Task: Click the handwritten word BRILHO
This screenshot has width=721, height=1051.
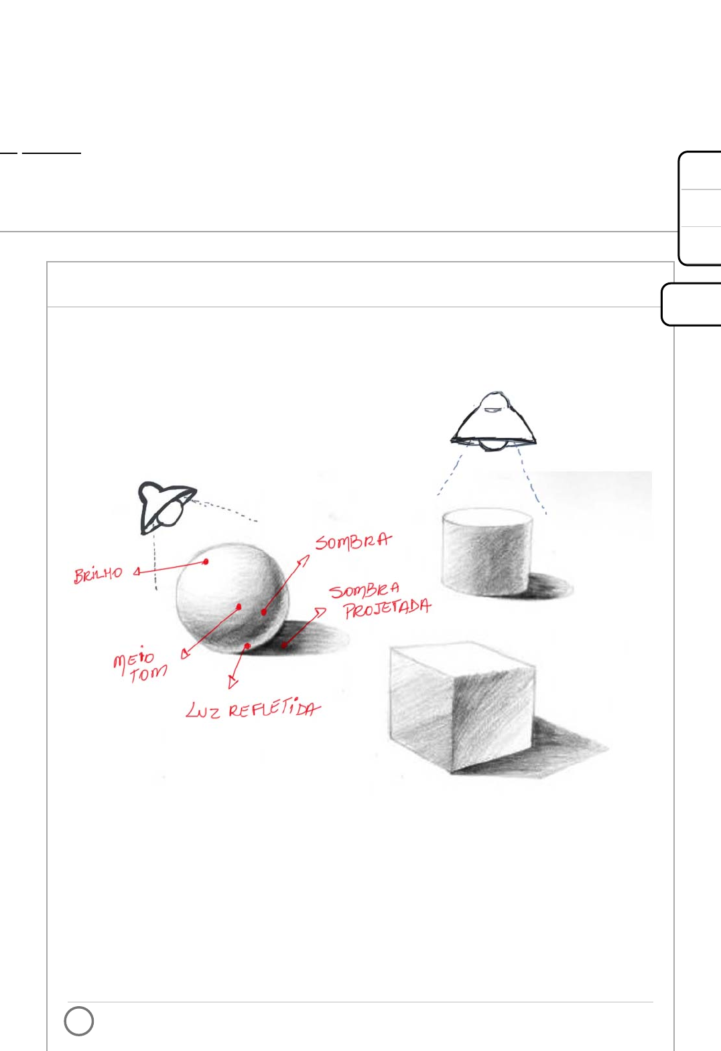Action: [99, 574]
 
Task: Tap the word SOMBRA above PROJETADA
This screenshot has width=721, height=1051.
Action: [365, 590]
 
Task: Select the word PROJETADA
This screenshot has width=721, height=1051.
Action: [387, 609]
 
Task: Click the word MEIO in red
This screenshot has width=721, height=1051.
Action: [133, 661]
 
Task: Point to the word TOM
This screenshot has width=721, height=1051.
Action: [149, 673]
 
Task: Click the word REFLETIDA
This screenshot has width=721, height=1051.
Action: [275, 710]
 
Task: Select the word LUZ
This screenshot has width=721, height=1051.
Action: [203, 711]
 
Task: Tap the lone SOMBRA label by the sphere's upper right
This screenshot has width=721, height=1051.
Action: [353, 542]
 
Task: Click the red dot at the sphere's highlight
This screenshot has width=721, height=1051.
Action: [206, 561]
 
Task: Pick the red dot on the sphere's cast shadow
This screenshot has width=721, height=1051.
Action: [284, 645]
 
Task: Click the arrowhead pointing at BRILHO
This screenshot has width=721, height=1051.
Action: [137, 571]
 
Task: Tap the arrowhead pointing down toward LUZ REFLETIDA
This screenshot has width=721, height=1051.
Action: [233, 682]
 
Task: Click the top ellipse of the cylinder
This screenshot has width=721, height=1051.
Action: [487, 518]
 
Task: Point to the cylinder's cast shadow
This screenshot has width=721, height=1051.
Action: [552, 585]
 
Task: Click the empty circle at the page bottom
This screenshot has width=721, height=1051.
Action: [79, 1021]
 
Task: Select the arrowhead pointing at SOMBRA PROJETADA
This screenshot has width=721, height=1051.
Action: [320, 613]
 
